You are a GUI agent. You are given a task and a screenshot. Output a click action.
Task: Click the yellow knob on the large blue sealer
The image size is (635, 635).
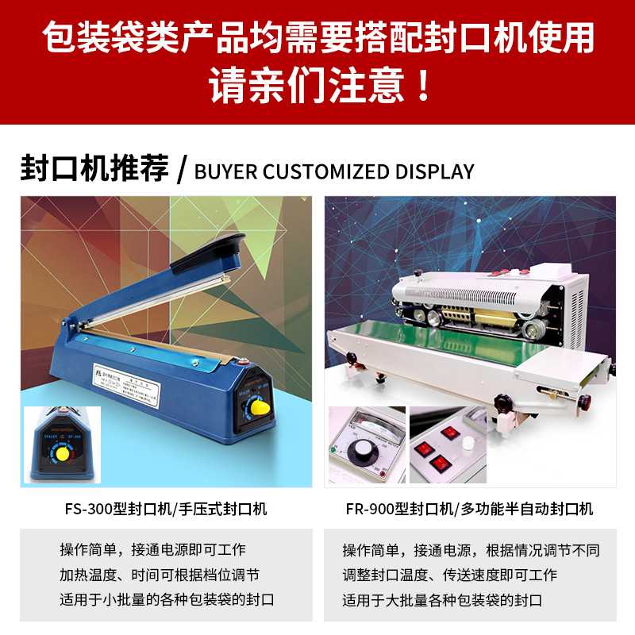pyautogui.click(x=256, y=407)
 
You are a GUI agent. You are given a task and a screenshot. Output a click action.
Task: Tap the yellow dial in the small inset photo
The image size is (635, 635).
pyautogui.click(x=60, y=454)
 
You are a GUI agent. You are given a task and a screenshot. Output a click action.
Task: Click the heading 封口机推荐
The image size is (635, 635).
pyautogui.click(x=94, y=170)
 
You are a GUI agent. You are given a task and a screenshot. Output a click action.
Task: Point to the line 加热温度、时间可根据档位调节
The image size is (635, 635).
pyautogui.click(x=160, y=575)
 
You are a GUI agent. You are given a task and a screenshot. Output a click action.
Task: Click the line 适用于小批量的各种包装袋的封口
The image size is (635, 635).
pyautogui.click(x=167, y=599)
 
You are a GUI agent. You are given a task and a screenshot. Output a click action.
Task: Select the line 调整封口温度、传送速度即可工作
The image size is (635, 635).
pyautogui.click(x=449, y=575)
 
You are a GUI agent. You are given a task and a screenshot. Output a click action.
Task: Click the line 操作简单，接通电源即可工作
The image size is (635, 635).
pyautogui.click(x=152, y=549)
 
